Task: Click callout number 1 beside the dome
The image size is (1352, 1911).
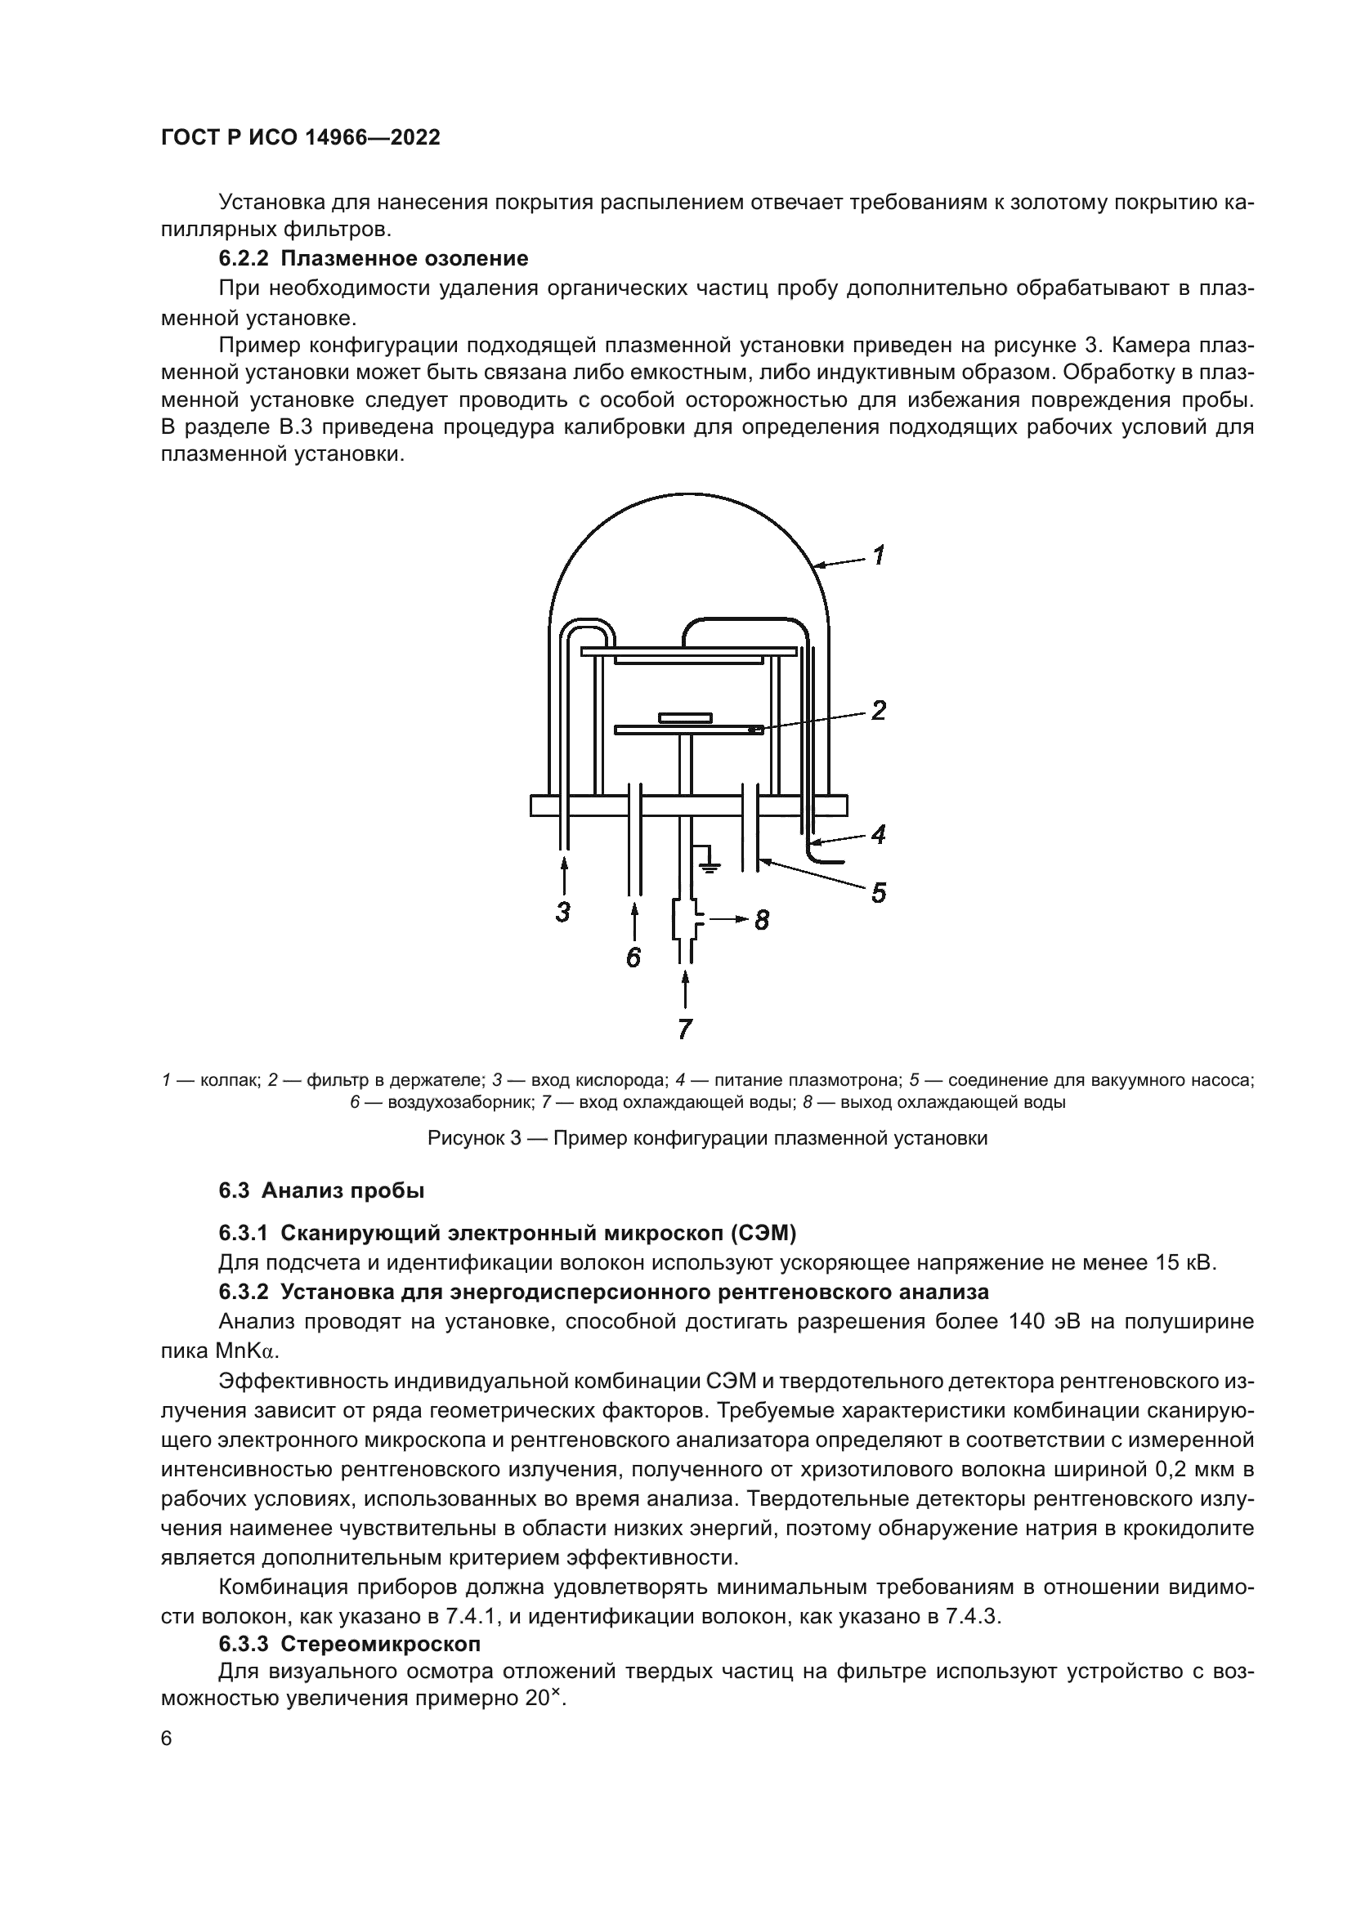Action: (x=877, y=554)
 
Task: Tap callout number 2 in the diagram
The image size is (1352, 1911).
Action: (x=877, y=710)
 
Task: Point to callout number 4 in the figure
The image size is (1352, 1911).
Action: (x=877, y=834)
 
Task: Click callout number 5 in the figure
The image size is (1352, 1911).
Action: (x=877, y=893)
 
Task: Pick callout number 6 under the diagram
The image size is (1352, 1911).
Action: (x=633, y=958)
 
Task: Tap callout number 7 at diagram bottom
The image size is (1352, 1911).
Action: (x=684, y=1029)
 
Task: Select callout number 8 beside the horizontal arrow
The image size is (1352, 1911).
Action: (x=762, y=921)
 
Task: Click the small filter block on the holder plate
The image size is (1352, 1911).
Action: (x=685, y=717)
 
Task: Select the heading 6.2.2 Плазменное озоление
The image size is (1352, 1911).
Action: (x=373, y=259)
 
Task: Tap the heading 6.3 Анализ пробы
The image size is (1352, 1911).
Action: (x=321, y=1190)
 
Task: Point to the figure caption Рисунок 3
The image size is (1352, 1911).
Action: (x=707, y=1138)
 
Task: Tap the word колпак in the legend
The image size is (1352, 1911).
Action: (x=229, y=1080)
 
